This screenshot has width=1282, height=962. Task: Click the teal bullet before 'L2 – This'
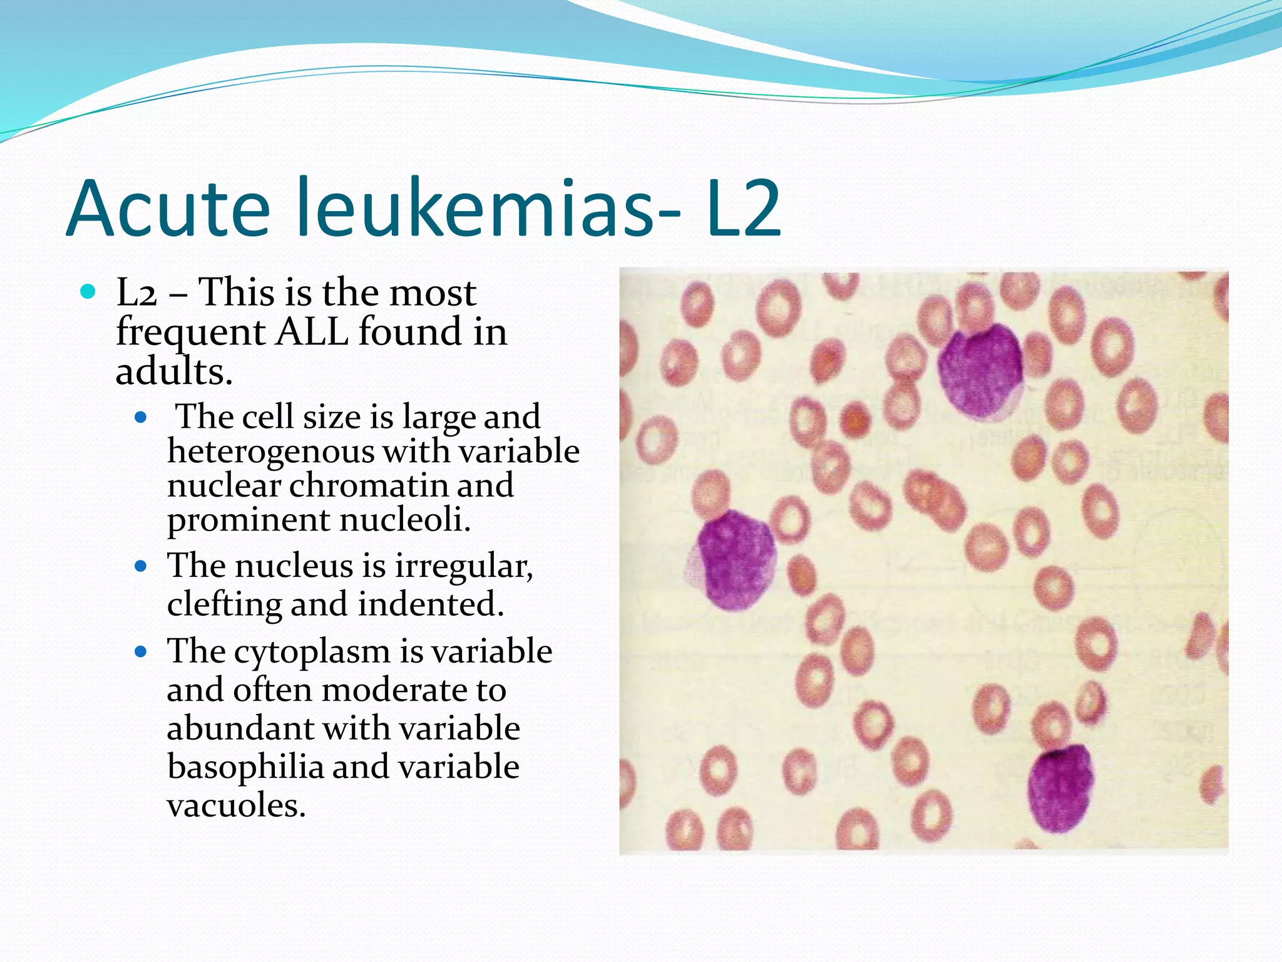[88, 291]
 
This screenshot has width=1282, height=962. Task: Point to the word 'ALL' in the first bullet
[312, 332]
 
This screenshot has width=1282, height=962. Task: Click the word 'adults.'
[174, 372]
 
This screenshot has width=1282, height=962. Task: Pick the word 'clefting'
[224, 605]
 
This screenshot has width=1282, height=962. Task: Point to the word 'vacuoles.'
[236, 805]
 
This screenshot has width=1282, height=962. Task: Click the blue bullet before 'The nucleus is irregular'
[141, 567]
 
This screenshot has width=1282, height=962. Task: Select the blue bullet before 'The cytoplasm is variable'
[141, 652]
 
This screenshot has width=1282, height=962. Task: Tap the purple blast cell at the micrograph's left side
[734, 559]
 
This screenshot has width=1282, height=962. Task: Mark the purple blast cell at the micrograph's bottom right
[1060, 787]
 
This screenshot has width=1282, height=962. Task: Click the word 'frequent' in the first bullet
[190, 332]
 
